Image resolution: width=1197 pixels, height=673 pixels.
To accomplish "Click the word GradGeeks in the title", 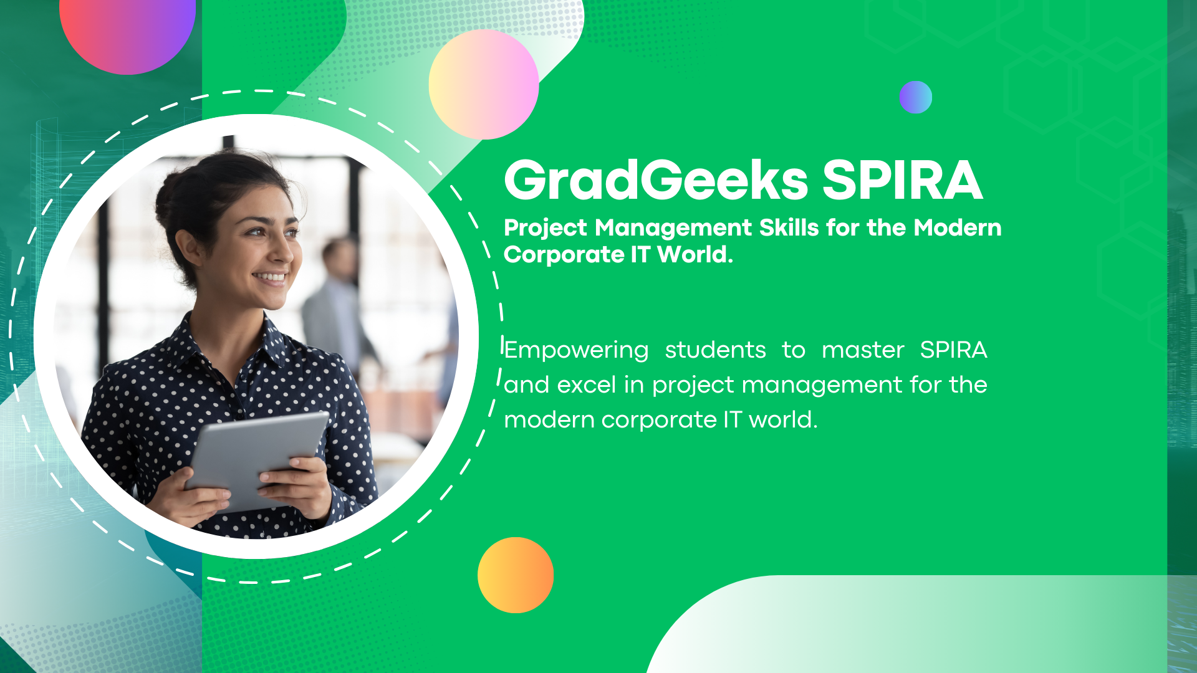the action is point(656,180).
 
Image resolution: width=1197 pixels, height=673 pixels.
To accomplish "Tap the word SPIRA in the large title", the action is point(903,180).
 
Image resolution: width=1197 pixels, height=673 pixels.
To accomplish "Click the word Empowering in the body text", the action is point(576,350).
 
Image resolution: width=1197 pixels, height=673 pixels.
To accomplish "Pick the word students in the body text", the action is point(715,350).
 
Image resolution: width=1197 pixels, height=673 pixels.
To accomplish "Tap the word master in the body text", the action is point(863,350).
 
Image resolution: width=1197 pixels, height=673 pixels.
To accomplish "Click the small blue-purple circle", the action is point(916,97).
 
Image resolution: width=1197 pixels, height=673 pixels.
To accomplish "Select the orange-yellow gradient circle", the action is point(516,575).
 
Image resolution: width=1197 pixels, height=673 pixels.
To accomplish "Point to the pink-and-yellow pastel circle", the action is point(484,85).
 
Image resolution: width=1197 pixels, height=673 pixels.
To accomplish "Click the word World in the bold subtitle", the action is point(695,254).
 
